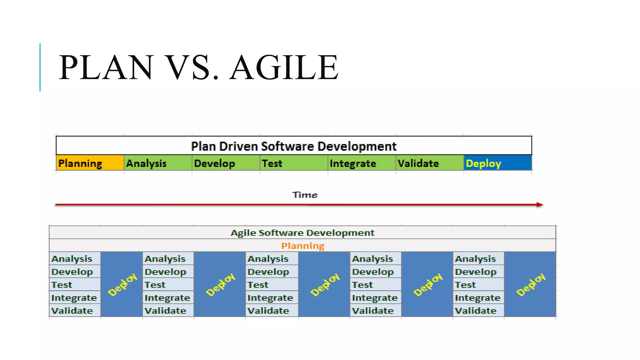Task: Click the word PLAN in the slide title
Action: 106,67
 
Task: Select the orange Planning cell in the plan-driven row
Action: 90,163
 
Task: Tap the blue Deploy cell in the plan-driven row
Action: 497,163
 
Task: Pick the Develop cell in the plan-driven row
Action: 226,163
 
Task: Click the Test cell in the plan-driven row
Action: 293,163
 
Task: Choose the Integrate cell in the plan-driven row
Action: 362,163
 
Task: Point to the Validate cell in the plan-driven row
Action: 429,163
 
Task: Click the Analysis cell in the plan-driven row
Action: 158,163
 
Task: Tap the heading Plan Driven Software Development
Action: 293,146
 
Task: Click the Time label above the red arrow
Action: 305,195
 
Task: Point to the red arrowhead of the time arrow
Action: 540,205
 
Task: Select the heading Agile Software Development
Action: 302,232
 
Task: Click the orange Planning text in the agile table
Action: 303,246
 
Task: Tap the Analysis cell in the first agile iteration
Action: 75,259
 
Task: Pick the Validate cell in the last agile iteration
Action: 478,311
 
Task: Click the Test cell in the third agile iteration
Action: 272,285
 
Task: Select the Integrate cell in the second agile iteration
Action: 168,298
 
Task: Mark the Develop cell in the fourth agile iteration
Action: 375,272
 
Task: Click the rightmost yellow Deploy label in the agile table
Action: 530,284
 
